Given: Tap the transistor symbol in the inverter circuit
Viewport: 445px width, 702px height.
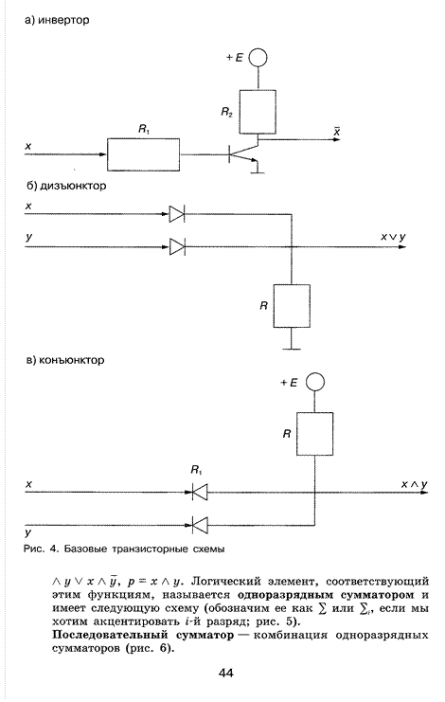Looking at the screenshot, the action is pos(244,156).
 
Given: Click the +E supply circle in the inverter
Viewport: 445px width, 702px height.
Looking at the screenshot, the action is pos(258,58).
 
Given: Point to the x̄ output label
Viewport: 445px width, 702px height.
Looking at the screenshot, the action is pos(336,131).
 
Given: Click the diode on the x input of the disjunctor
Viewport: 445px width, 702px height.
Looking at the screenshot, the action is pos(177,214).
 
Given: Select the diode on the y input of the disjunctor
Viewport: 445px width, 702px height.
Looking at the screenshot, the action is pos(177,246).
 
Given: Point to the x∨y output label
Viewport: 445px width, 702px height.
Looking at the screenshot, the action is pos(393,237).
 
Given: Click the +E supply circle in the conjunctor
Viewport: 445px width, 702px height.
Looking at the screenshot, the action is pos(315,383).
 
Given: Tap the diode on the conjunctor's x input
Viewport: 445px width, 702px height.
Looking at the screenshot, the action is pos(200,493).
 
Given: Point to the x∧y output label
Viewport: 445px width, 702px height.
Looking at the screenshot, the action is pos(414,484).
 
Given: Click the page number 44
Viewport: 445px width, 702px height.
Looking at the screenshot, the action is pos(226,674).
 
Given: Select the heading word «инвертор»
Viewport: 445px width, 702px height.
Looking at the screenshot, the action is pos(63,20).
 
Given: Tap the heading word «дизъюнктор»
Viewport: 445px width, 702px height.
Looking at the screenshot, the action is pos(73,186).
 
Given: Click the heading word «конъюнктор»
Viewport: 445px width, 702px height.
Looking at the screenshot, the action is pos(72,360).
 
